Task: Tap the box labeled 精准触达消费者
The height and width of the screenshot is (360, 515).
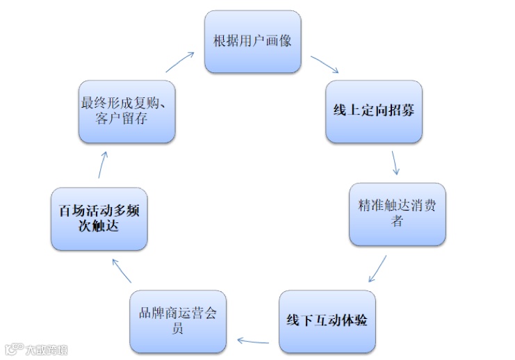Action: coord(397,214)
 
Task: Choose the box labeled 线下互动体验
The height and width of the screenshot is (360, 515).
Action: coord(327,321)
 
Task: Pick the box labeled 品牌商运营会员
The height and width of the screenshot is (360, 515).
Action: coord(178,321)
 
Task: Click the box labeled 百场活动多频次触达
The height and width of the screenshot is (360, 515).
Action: coord(99,218)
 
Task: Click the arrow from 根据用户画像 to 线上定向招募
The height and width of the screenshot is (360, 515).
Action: coord(325,65)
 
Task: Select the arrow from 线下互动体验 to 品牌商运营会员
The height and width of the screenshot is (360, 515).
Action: coord(253,340)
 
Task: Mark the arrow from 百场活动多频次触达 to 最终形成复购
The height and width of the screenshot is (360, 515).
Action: coord(101,166)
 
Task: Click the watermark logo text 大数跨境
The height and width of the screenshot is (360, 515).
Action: coord(43,348)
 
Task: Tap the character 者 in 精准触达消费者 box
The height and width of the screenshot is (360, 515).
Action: coord(397,222)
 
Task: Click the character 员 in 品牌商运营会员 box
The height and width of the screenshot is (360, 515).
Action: coord(178,329)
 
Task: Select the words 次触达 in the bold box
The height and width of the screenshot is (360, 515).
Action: coord(99,226)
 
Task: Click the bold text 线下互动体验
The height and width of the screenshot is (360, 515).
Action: coord(327,321)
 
